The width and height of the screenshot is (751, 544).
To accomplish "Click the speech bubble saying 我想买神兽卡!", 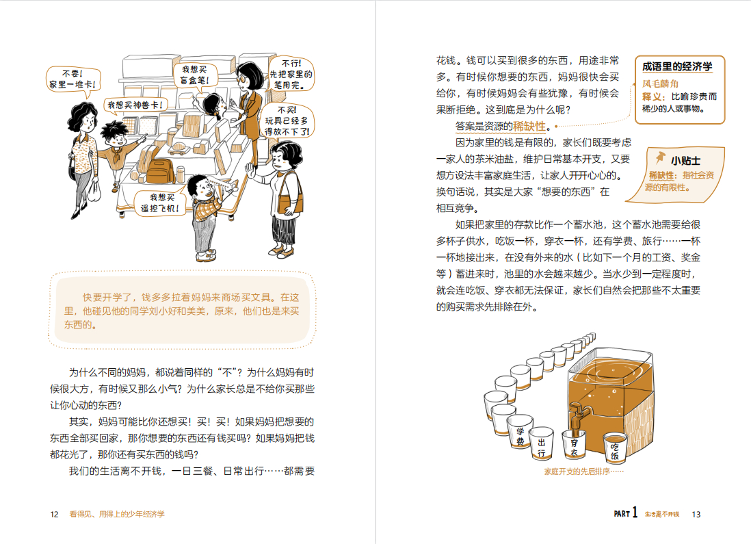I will tap(135, 105).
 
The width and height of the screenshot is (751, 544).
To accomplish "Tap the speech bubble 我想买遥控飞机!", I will tap(159, 203).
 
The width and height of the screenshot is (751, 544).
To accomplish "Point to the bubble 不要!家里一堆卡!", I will tap(73, 79).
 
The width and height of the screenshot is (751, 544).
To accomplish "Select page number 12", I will tap(54, 515).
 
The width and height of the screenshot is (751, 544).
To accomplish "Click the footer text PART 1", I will tap(625, 513).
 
